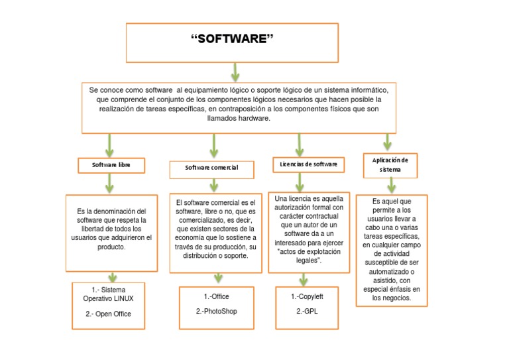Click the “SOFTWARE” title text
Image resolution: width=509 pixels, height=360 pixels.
click(x=231, y=40)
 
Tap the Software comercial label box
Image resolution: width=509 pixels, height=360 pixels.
click(x=212, y=168)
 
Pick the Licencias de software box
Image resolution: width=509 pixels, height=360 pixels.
click(x=308, y=163)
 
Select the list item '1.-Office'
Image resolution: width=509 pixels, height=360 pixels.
click(x=217, y=296)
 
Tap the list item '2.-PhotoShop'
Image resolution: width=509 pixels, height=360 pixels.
click(x=217, y=311)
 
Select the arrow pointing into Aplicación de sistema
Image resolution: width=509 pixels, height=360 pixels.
click(x=388, y=141)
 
